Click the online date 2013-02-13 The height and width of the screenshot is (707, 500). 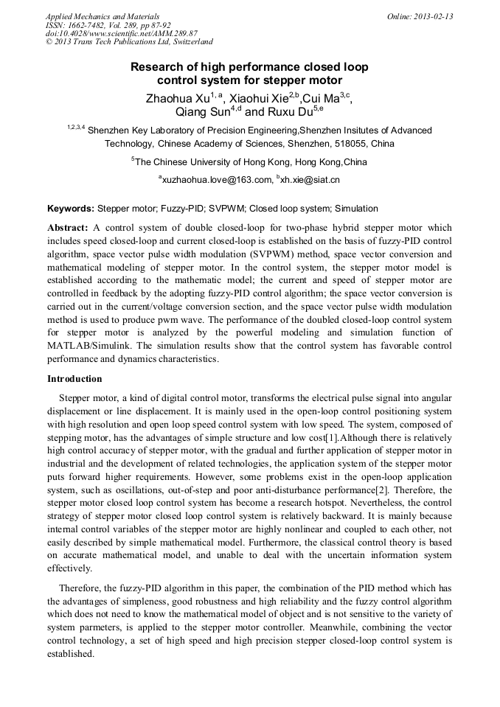click(434, 16)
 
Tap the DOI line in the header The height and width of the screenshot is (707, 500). click(122, 34)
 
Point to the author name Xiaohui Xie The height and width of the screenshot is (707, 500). click(254, 98)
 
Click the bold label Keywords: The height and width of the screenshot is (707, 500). click(70, 209)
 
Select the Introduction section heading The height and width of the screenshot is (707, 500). click(74, 379)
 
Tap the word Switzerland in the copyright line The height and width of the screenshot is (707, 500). click(189, 43)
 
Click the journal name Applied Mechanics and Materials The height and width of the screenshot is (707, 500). click(103, 16)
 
